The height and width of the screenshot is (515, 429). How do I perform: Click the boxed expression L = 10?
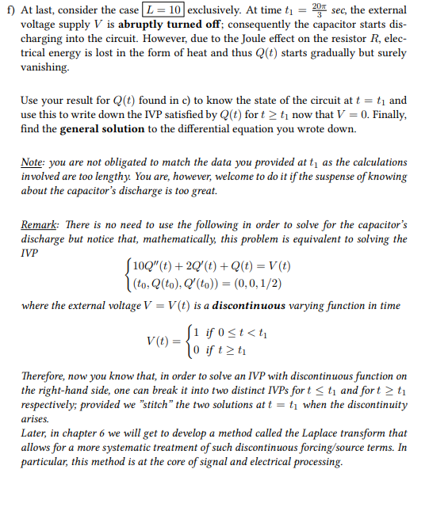163,11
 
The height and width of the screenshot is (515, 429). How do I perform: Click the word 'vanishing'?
44,68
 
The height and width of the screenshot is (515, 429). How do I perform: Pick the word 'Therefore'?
45,377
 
